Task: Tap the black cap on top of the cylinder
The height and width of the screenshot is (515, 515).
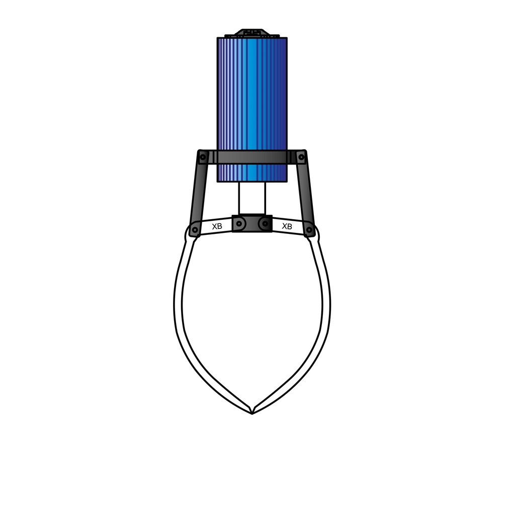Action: [251, 33]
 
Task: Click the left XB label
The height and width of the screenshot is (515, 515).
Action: [217, 226]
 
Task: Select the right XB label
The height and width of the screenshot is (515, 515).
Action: [287, 226]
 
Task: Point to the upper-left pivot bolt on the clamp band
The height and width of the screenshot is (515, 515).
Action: [203, 157]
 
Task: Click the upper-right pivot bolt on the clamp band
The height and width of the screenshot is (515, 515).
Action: [301, 157]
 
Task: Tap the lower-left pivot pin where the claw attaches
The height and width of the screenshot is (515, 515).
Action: [194, 230]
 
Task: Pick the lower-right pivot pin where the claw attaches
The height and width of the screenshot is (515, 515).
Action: [309, 230]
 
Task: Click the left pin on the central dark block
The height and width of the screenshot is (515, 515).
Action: [240, 223]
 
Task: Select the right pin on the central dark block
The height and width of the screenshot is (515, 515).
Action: [264, 223]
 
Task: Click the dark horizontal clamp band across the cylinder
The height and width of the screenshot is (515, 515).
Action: [251, 157]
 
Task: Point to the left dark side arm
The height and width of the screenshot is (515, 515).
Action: [198, 194]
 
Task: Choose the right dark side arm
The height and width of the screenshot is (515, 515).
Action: [306, 194]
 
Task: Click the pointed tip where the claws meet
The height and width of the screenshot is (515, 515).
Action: [251, 412]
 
